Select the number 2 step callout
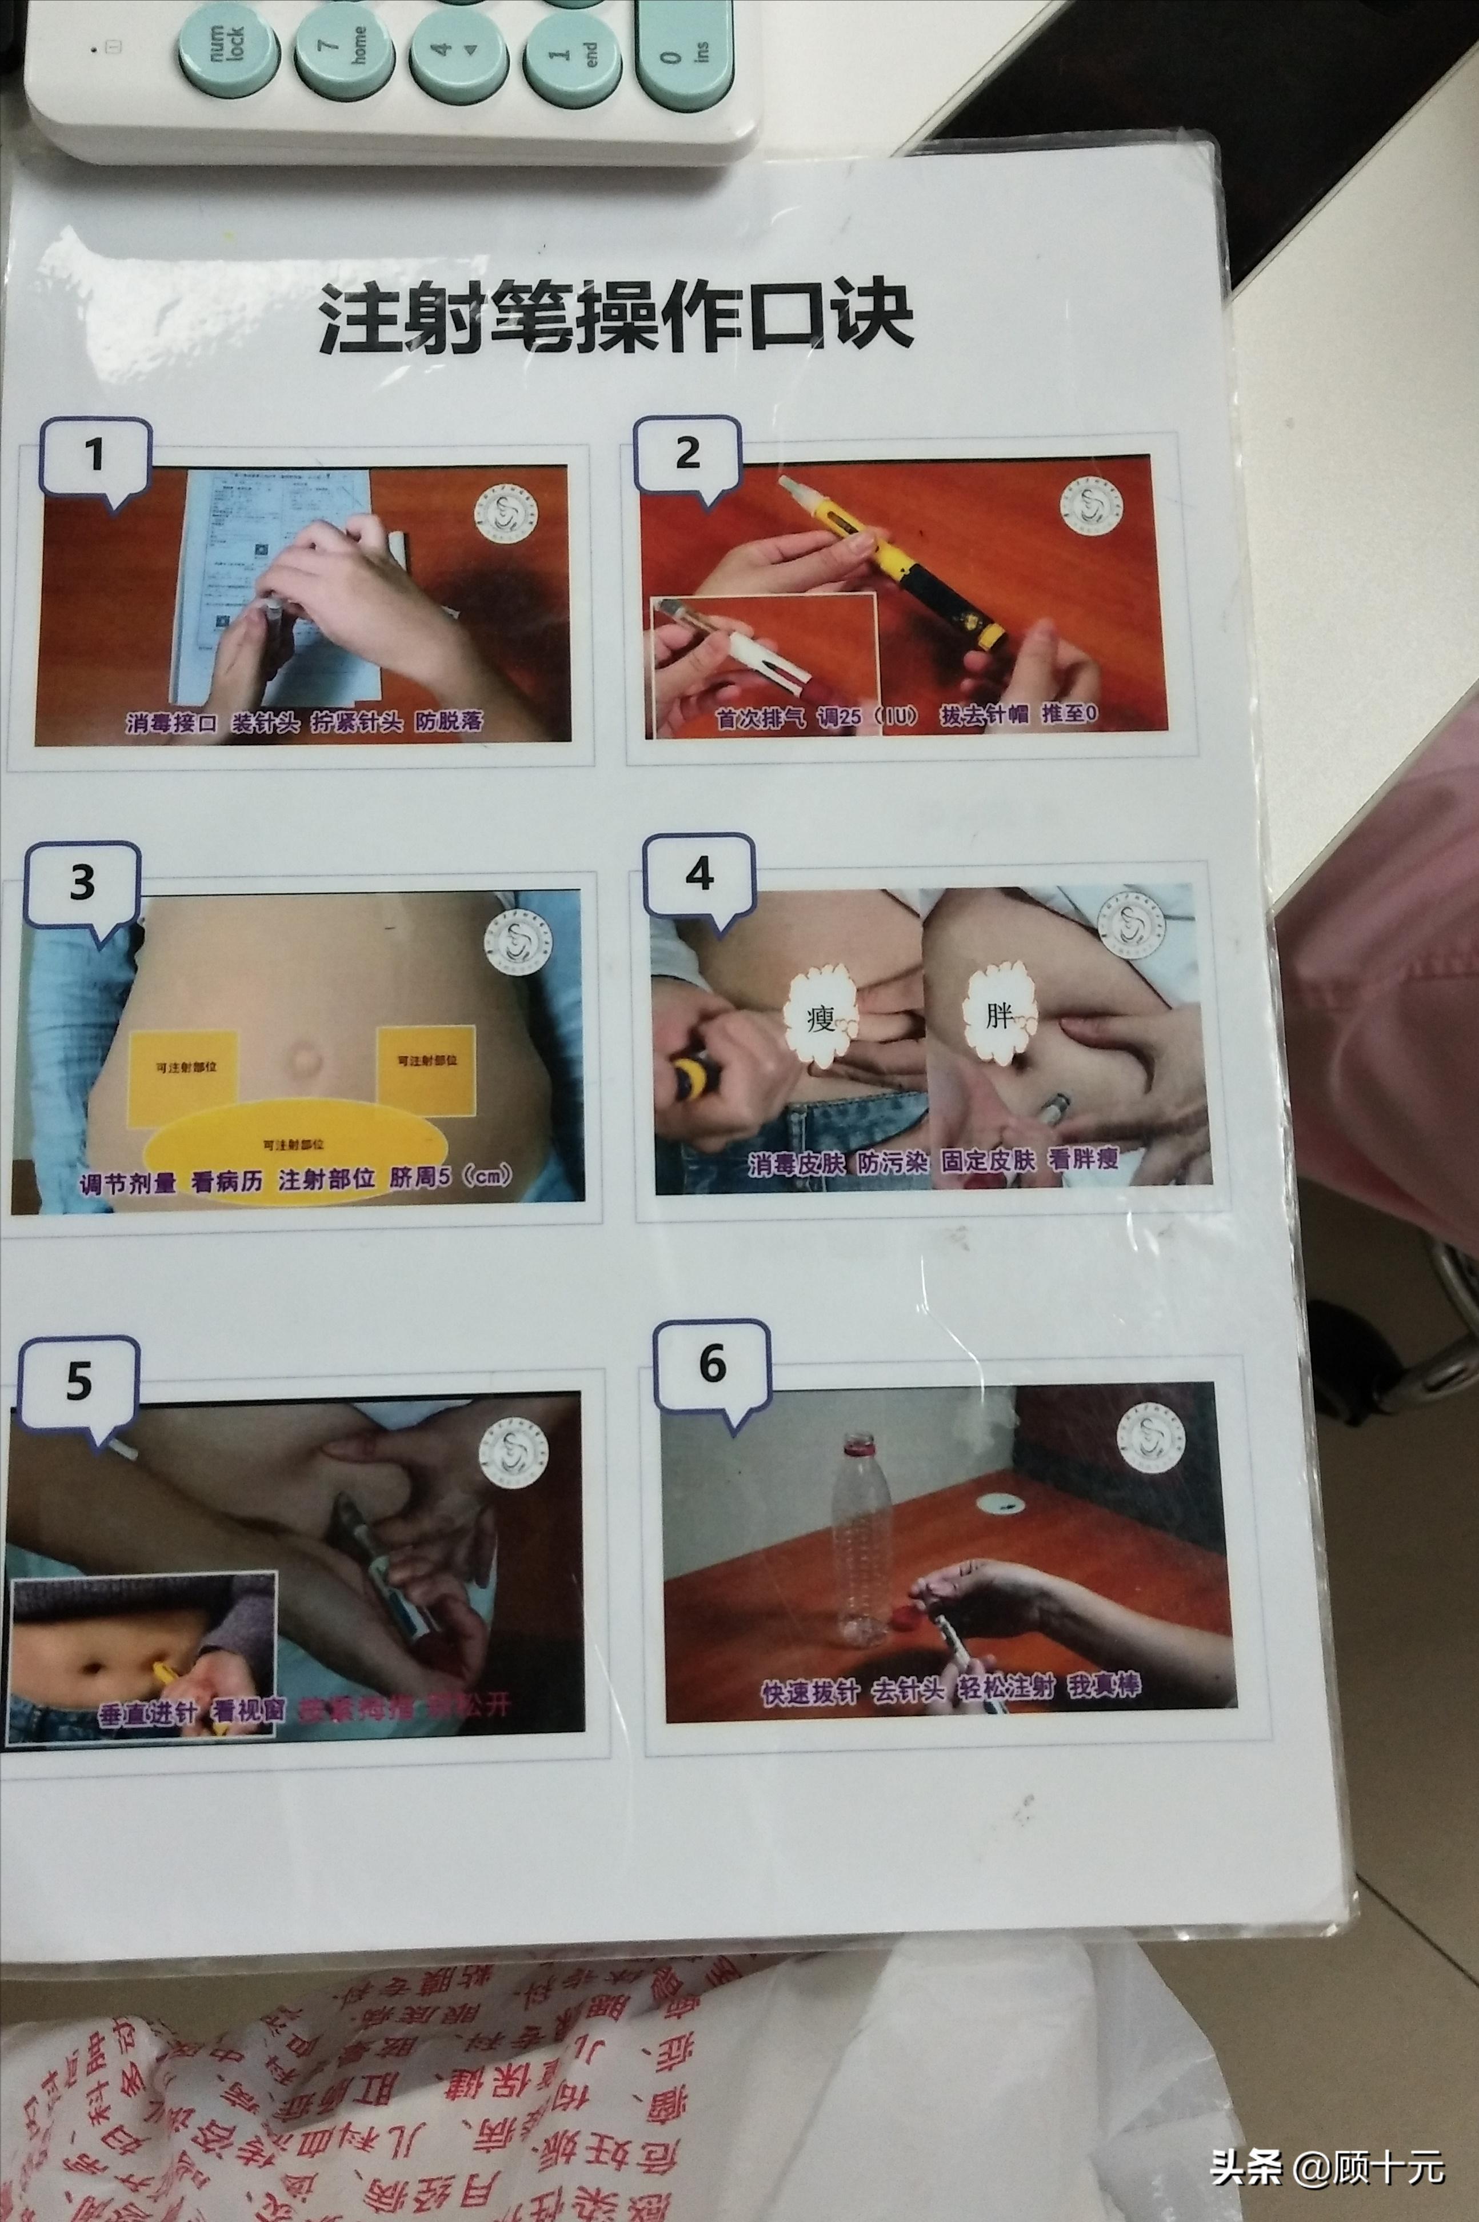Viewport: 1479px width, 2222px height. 687,454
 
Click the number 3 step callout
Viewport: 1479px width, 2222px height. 83,883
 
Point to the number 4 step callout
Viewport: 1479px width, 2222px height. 699,874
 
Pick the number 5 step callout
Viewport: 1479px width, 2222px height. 79,1382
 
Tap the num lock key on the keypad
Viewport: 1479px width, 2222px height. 229,47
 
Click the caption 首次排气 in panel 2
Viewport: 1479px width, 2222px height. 760,718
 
